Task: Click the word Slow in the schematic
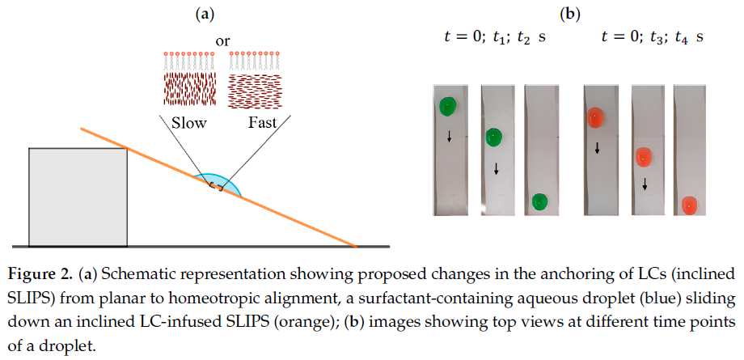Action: [189, 123]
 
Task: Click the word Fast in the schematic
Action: [262, 123]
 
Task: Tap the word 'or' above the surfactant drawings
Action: [222, 41]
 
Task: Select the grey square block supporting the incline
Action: [78, 197]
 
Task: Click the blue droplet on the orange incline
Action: [218, 184]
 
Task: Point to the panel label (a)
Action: [205, 15]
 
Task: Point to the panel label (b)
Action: [570, 15]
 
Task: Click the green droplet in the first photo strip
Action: [447, 107]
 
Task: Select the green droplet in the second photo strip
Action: [494, 137]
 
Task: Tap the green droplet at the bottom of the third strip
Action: [540, 201]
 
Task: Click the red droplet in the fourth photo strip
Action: [595, 117]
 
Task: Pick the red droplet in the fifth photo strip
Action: [643, 157]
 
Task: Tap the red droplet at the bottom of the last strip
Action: [689, 205]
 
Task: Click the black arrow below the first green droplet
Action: [449, 138]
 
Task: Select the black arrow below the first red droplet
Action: [598, 148]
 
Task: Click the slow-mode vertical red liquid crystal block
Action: [190, 89]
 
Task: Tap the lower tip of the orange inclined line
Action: [356, 246]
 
